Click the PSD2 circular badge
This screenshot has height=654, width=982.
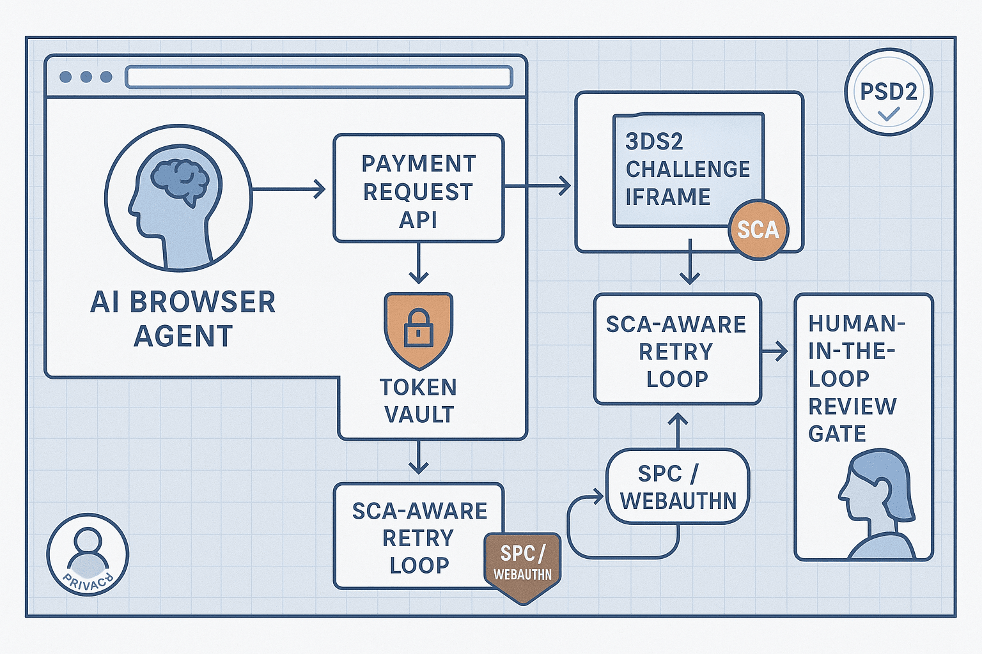click(x=888, y=92)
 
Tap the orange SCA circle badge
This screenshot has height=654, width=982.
click(x=758, y=229)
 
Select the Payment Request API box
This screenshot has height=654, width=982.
click(x=419, y=189)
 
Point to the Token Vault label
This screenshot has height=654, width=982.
click(x=419, y=400)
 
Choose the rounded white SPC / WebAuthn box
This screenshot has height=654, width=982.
click(x=678, y=487)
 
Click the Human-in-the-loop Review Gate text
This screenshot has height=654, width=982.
click(x=853, y=378)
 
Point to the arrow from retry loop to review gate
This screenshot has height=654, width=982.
click(x=775, y=351)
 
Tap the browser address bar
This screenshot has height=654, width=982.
click(x=319, y=77)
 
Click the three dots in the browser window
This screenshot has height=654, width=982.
click(x=85, y=77)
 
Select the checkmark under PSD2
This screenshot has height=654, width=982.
click(x=888, y=114)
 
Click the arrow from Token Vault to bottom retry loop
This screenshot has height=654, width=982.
click(x=418, y=457)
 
